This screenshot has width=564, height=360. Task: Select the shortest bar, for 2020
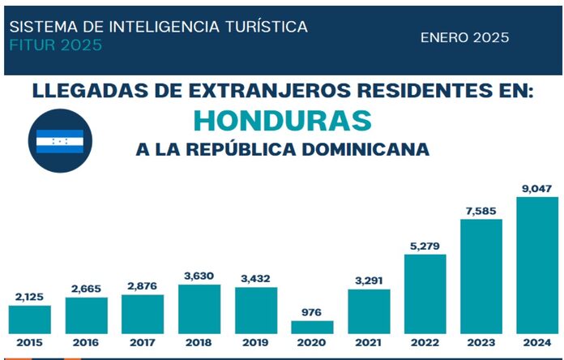tap(312, 327)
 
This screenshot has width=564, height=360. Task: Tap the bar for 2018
tap(199, 309)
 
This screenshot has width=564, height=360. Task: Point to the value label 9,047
tap(537, 189)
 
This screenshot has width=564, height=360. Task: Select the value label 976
tap(312, 312)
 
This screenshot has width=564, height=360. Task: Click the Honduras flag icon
tap(59, 141)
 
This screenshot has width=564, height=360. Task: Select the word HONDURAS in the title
tap(282, 120)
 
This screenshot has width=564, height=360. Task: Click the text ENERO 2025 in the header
tap(464, 37)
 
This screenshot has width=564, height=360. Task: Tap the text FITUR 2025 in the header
tap(56, 45)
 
